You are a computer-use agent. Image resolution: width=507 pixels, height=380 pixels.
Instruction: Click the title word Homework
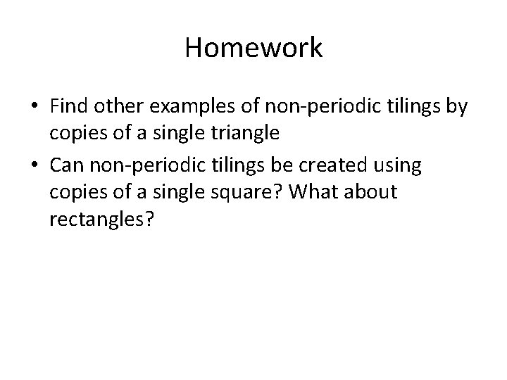[x=254, y=49]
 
